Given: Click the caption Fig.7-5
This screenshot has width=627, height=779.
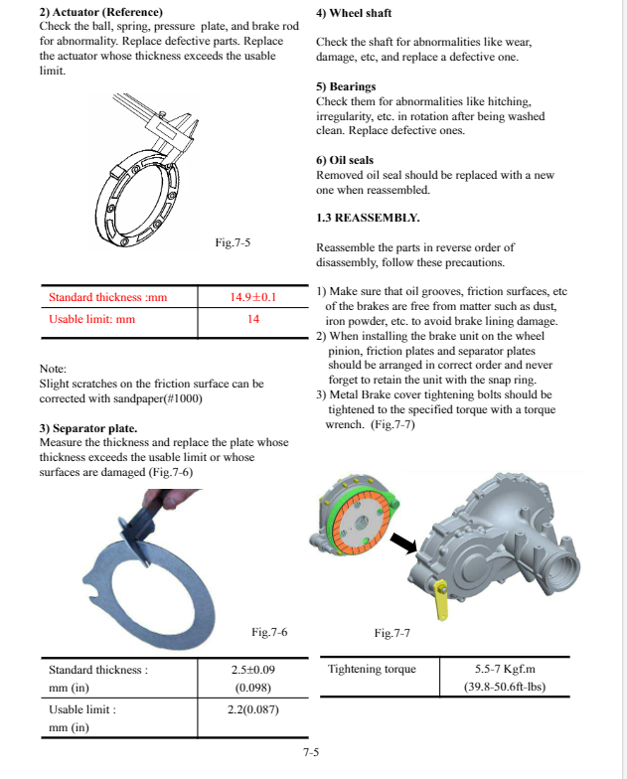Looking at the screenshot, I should (x=233, y=241).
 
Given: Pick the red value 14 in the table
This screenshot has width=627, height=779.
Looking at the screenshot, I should (x=253, y=319).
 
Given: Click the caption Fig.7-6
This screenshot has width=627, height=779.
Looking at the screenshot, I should (x=269, y=632).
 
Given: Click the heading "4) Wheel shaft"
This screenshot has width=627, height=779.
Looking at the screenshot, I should (x=353, y=13).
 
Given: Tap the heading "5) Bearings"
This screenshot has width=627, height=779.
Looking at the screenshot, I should (x=346, y=86).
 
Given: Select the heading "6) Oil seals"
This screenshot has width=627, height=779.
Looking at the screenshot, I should (x=345, y=160).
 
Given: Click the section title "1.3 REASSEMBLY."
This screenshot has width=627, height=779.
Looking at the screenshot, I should (x=368, y=218).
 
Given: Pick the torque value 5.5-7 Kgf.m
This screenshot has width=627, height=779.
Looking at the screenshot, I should (x=505, y=669).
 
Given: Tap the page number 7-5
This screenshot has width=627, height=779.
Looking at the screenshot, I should (x=311, y=752).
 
